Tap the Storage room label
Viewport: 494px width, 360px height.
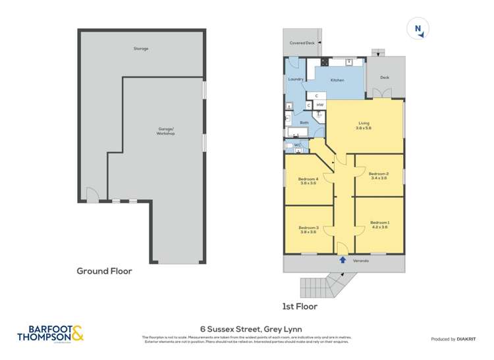point(141,49)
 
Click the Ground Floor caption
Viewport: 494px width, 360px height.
point(105,270)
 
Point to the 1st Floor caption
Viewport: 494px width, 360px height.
point(299,306)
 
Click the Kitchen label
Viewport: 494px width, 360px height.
point(337,80)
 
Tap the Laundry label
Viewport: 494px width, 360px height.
point(296,79)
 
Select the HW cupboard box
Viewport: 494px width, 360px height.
point(319,105)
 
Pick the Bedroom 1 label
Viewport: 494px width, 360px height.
point(379,224)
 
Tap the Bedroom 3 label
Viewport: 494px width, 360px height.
point(310,229)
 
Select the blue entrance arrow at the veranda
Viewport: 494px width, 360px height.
point(343,260)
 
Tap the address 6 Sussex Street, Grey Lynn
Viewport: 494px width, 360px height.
point(246,330)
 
